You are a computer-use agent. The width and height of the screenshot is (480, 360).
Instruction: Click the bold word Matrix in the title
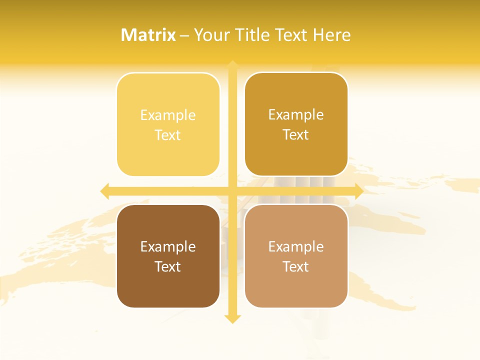[x=148, y=35]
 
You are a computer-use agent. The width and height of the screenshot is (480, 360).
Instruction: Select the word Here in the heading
[x=332, y=35]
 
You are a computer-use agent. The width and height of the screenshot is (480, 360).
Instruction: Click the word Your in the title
[x=209, y=35]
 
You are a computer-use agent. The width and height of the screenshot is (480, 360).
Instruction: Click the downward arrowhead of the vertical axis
[x=232, y=318]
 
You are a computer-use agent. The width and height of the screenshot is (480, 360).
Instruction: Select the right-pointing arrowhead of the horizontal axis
[x=358, y=190]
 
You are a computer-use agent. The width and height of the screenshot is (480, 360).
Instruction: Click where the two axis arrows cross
[x=232, y=190]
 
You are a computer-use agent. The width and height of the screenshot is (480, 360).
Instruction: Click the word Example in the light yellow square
[x=168, y=115]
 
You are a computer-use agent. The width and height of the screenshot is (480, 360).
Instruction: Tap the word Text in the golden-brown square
[x=296, y=135]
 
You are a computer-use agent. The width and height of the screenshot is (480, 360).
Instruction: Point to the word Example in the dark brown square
[x=168, y=247]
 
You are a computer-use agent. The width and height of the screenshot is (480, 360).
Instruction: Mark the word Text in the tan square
[x=296, y=266]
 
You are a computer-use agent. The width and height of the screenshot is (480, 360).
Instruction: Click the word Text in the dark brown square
[x=168, y=266]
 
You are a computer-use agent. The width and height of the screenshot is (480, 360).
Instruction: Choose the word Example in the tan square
[x=296, y=247]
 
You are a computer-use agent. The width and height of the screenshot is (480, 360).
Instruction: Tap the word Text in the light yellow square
[x=168, y=135]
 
